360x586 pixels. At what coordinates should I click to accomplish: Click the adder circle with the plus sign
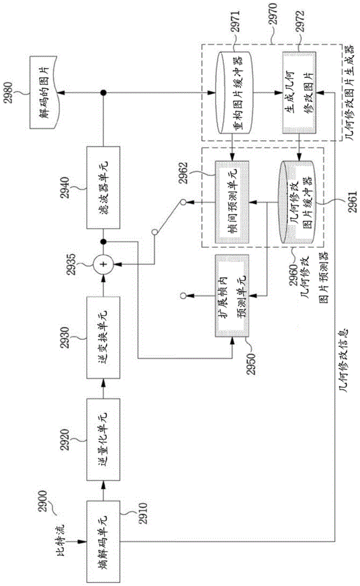point(104,264)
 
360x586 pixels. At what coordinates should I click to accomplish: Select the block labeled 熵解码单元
point(104,542)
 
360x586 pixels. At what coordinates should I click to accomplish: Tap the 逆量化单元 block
point(104,439)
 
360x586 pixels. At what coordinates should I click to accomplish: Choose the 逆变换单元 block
point(104,338)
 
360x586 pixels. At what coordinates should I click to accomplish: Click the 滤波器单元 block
point(104,188)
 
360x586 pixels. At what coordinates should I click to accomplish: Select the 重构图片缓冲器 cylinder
point(235,93)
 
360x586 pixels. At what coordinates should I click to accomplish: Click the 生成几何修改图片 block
point(299,93)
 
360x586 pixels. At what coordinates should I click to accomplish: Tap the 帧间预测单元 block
point(232,202)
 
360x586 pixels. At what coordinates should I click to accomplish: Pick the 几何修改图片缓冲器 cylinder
point(298,202)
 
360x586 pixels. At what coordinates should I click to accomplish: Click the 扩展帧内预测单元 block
point(232,296)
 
